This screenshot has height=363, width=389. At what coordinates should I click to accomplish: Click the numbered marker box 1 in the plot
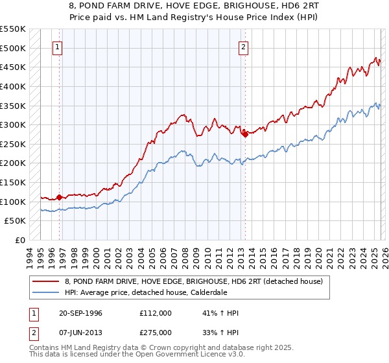click(58, 47)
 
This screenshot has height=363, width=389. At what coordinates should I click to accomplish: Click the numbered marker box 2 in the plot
click(243, 47)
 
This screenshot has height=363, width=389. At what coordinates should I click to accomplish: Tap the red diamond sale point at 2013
click(245, 134)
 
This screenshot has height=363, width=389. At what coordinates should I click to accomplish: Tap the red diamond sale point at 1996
click(59, 197)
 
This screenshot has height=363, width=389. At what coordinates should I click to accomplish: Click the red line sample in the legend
click(46, 281)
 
